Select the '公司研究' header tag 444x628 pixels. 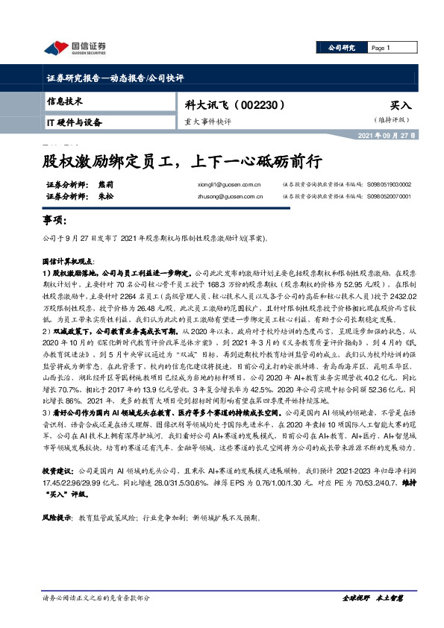(x=342, y=48)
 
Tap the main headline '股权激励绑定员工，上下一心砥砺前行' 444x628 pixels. (x=181, y=161)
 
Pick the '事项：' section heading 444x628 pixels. (x=54, y=221)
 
